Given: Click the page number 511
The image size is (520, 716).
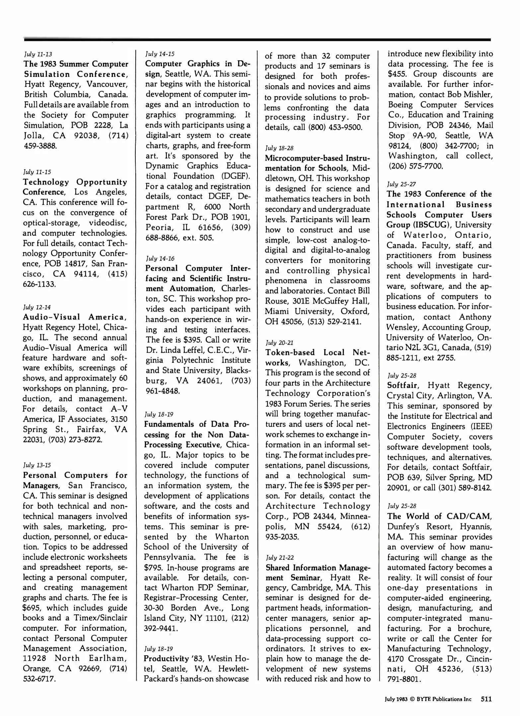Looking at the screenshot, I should pyautogui.click(x=486, y=699).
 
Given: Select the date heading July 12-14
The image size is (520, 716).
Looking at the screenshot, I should pyautogui.click(x=37, y=307).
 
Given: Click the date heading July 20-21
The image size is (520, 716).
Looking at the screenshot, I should pyautogui.click(x=279, y=342).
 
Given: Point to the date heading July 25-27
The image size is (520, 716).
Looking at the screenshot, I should pyautogui.click(x=401, y=184).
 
